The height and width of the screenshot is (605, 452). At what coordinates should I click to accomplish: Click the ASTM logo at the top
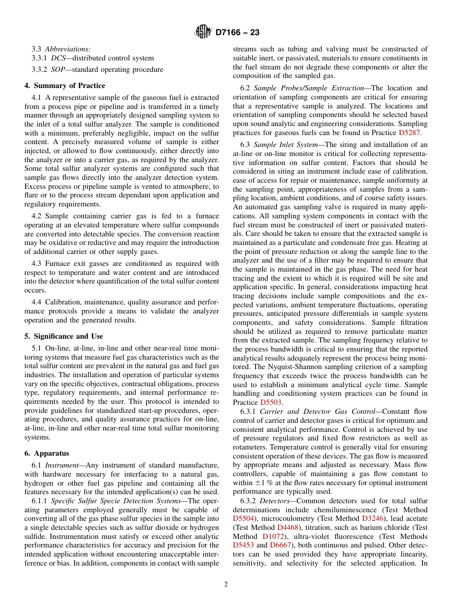[203, 32]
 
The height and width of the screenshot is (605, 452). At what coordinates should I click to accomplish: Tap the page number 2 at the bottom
[226, 585]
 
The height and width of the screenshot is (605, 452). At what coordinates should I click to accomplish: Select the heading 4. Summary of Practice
[65, 86]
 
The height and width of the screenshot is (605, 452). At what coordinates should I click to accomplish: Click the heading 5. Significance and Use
[64, 336]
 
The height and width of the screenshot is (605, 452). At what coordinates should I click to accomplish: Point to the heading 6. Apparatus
[47, 453]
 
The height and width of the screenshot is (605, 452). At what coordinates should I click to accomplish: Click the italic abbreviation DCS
[59, 58]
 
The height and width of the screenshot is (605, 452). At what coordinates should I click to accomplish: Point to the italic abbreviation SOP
[59, 69]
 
